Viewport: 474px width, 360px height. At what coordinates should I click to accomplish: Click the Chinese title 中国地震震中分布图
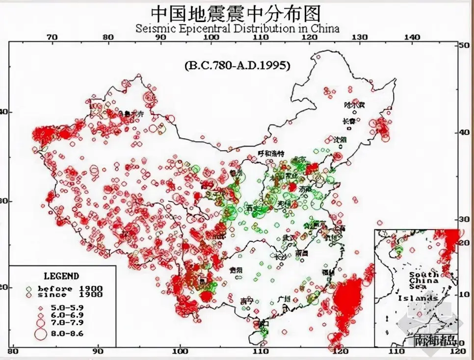point(237,13)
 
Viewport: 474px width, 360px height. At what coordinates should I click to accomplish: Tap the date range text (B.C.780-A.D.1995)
point(237,65)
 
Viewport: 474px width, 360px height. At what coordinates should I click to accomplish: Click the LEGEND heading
point(61,276)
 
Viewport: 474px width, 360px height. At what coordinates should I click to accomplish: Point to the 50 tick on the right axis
point(463,45)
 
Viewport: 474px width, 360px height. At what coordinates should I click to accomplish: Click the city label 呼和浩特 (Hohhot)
point(271,154)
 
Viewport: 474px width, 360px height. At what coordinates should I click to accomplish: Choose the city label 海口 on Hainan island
point(263,323)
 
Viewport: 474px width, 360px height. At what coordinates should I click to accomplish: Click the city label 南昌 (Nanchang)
point(301,254)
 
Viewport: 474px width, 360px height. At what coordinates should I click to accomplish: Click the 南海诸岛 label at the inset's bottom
point(436,340)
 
